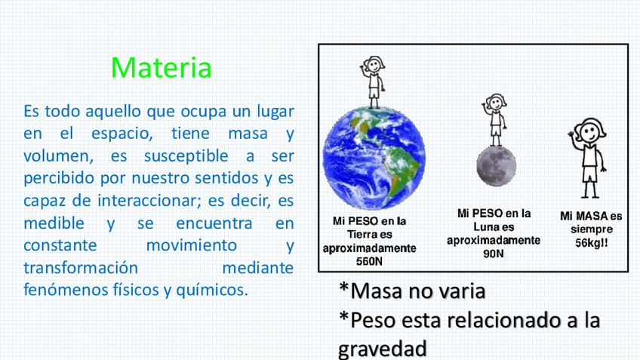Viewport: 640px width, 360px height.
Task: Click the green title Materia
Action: point(161,67)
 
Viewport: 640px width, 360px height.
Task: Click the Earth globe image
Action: point(374,158)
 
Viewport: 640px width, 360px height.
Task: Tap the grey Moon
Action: point(497,166)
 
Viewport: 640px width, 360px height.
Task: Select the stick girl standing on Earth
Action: point(373,82)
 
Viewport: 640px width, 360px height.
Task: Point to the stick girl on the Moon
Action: point(494,120)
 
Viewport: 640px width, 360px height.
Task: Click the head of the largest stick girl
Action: point(591,131)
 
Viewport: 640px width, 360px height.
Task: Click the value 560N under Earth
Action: point(369,261)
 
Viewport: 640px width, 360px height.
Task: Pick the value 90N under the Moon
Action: point(494,254)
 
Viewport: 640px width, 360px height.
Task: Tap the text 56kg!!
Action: point(592,243)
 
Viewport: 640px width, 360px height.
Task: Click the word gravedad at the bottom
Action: point(383,349)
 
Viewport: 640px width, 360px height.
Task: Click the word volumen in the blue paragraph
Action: point(58,156)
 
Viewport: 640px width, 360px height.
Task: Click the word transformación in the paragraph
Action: point(81,268)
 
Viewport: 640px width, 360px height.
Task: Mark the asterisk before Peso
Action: point(343,316)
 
